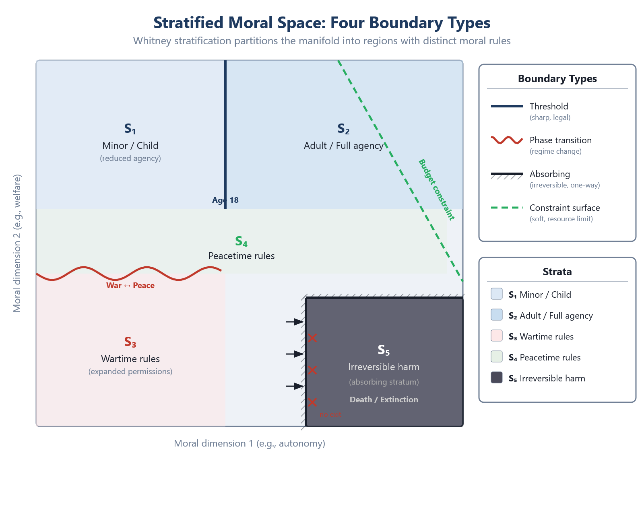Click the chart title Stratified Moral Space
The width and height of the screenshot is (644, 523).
(322, 23)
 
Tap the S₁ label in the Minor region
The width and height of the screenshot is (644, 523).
(130, 129)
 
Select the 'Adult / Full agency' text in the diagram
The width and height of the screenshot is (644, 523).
(343, 146)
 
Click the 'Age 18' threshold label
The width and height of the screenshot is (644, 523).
(225, 200)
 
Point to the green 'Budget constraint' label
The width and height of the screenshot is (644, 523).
(436, 189)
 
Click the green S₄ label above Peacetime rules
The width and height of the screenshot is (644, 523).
(241, 241)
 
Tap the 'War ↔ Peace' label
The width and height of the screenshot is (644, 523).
(130, 285)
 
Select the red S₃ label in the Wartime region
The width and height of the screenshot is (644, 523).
(130, 342)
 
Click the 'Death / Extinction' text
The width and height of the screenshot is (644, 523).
(384, 399)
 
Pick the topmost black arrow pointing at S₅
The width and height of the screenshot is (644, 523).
(295, 322)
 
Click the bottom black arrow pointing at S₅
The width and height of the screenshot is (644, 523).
(295, 386)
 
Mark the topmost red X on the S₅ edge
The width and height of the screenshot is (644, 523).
(312, 338)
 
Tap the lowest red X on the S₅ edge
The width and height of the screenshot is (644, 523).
(312, 402)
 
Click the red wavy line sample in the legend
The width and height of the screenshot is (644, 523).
(507, 140)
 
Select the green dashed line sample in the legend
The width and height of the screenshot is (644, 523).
(507, 208)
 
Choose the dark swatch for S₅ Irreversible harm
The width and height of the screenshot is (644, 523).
(497, 377)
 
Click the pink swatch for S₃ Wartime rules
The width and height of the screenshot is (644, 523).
(497, 336)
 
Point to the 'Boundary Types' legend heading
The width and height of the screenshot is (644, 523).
(557, 78)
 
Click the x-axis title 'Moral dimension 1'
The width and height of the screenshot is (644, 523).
(249, 443)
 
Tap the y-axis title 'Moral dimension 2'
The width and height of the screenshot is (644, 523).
(17, 243)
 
